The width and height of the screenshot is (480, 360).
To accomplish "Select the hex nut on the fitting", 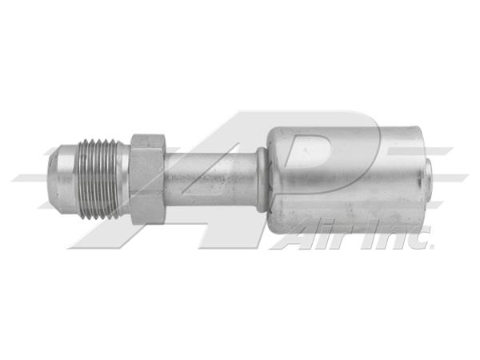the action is pos(147,178).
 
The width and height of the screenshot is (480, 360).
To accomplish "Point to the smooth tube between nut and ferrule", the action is pos(211,178).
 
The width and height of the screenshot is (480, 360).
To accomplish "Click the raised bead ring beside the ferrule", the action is pos(261,179).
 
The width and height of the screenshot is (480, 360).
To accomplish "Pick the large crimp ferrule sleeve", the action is pos(346,179).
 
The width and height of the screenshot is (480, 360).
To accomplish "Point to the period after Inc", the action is pos(430,246).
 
